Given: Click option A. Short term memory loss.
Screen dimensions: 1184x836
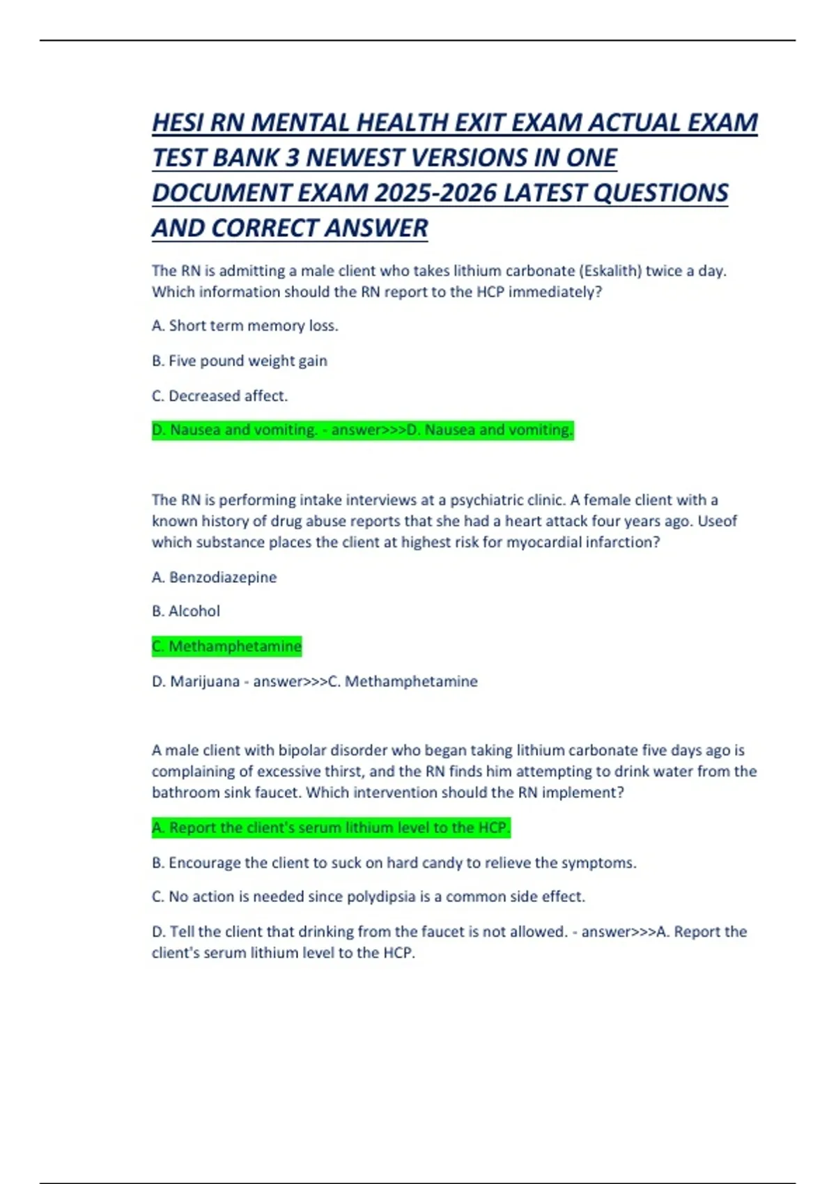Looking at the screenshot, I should coord(245,326).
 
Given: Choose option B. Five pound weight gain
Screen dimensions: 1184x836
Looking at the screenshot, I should coord(240,361).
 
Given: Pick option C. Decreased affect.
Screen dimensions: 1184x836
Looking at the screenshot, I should coord(219,396).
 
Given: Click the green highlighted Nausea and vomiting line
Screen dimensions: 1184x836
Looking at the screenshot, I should coord(362,430).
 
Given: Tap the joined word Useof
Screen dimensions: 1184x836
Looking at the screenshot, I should coord(717,521).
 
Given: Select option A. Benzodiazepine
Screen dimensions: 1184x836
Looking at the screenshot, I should coord(215,577).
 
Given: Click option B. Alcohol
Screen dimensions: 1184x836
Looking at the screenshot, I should coord(186,611).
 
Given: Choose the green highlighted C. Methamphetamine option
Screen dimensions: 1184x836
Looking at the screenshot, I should coord(227,646).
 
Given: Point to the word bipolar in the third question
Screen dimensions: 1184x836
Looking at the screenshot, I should coord(302,750).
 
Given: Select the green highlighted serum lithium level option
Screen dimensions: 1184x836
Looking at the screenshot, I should coord(332,827).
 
